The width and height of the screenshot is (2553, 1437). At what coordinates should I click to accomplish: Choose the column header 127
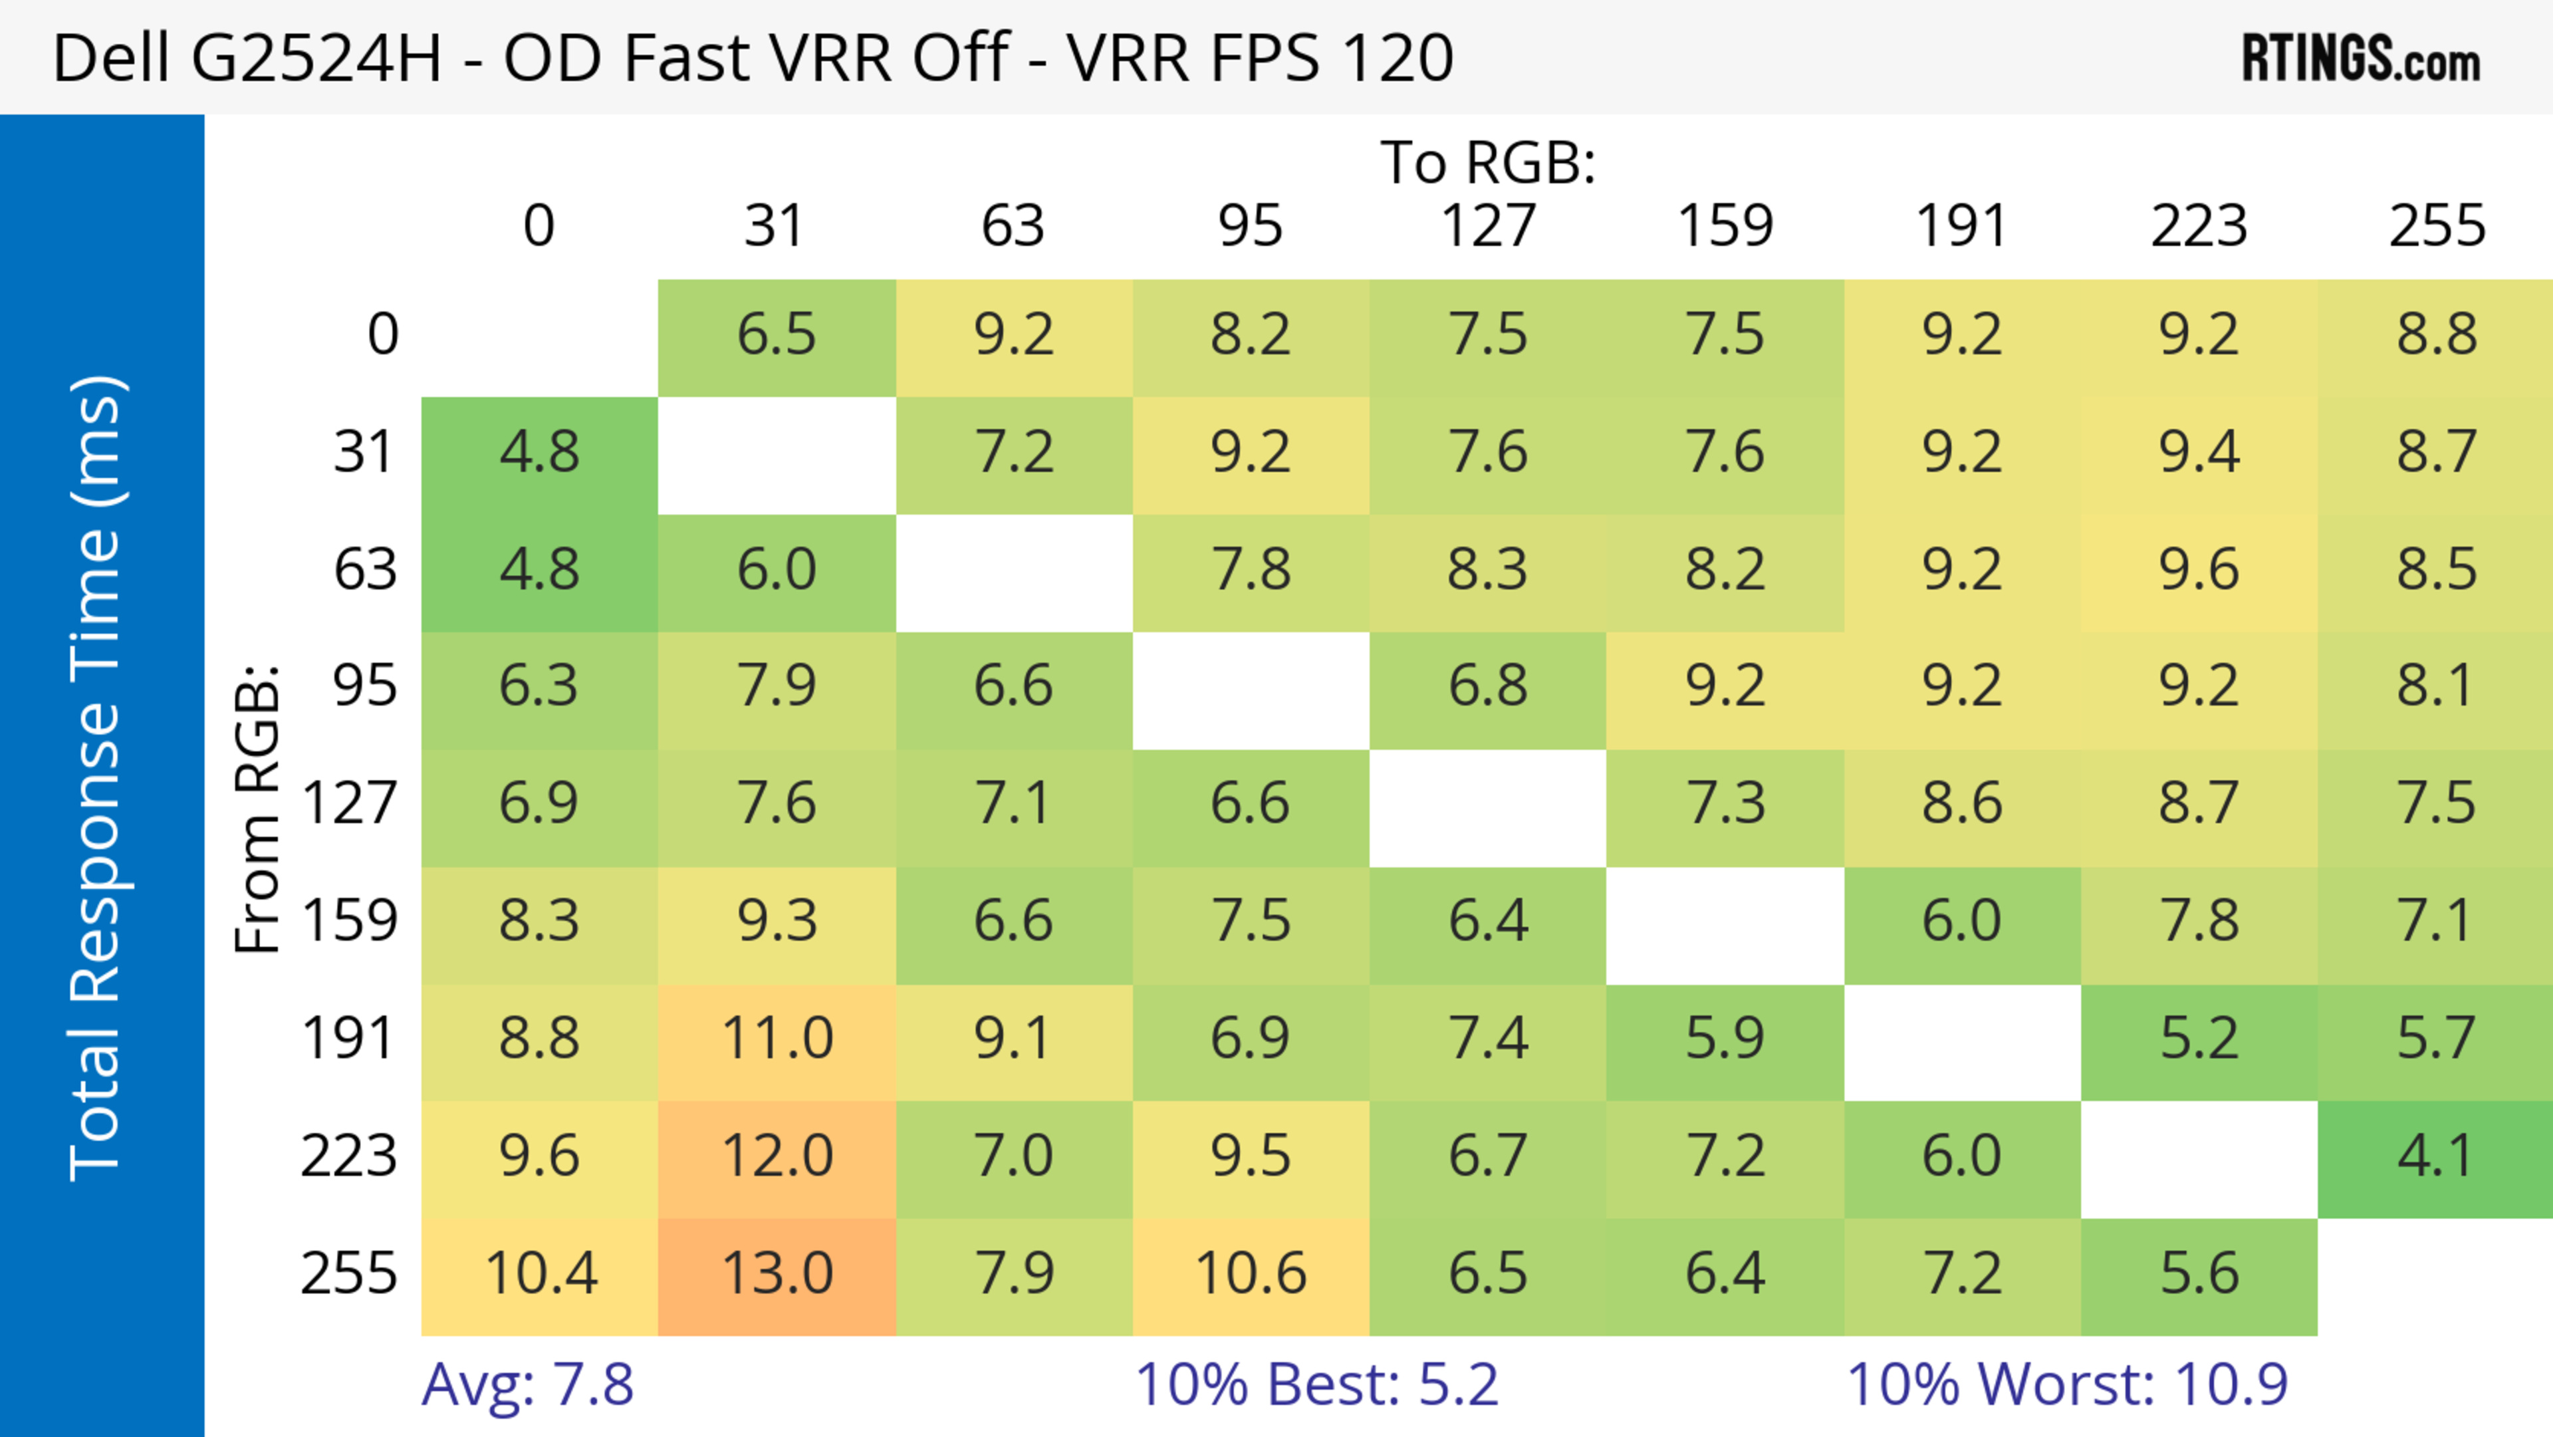(1488, 227)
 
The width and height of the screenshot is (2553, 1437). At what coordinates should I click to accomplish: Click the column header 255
(2436, 227)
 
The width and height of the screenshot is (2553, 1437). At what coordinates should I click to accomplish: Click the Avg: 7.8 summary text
(527, 1384)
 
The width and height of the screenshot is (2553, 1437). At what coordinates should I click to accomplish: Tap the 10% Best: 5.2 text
(1316, 1384)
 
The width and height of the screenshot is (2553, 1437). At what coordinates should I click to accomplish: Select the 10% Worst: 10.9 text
(2068, 1384)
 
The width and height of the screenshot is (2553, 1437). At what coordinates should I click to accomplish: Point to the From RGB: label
(258, 809)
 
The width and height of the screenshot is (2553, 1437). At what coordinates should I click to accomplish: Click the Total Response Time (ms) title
(96, 778)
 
